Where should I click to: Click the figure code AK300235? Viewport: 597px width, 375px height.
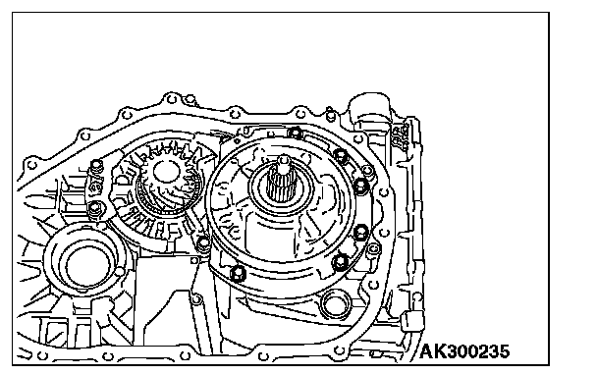[x=464, y=351]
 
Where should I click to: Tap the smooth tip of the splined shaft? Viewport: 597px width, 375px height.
[x=284, y=161]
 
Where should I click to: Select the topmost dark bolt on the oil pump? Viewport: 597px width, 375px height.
[x=296, y=133]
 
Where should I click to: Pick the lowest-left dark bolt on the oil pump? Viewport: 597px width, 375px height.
[x=238, y=273]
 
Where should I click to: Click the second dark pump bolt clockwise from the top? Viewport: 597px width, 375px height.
[x=341, y=155]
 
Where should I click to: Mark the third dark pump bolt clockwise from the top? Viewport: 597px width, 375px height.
[x=360, y=186]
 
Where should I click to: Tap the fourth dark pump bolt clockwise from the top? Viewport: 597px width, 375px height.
[x=360, y=232]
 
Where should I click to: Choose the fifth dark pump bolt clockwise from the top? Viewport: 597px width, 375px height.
[x=340, y=261]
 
